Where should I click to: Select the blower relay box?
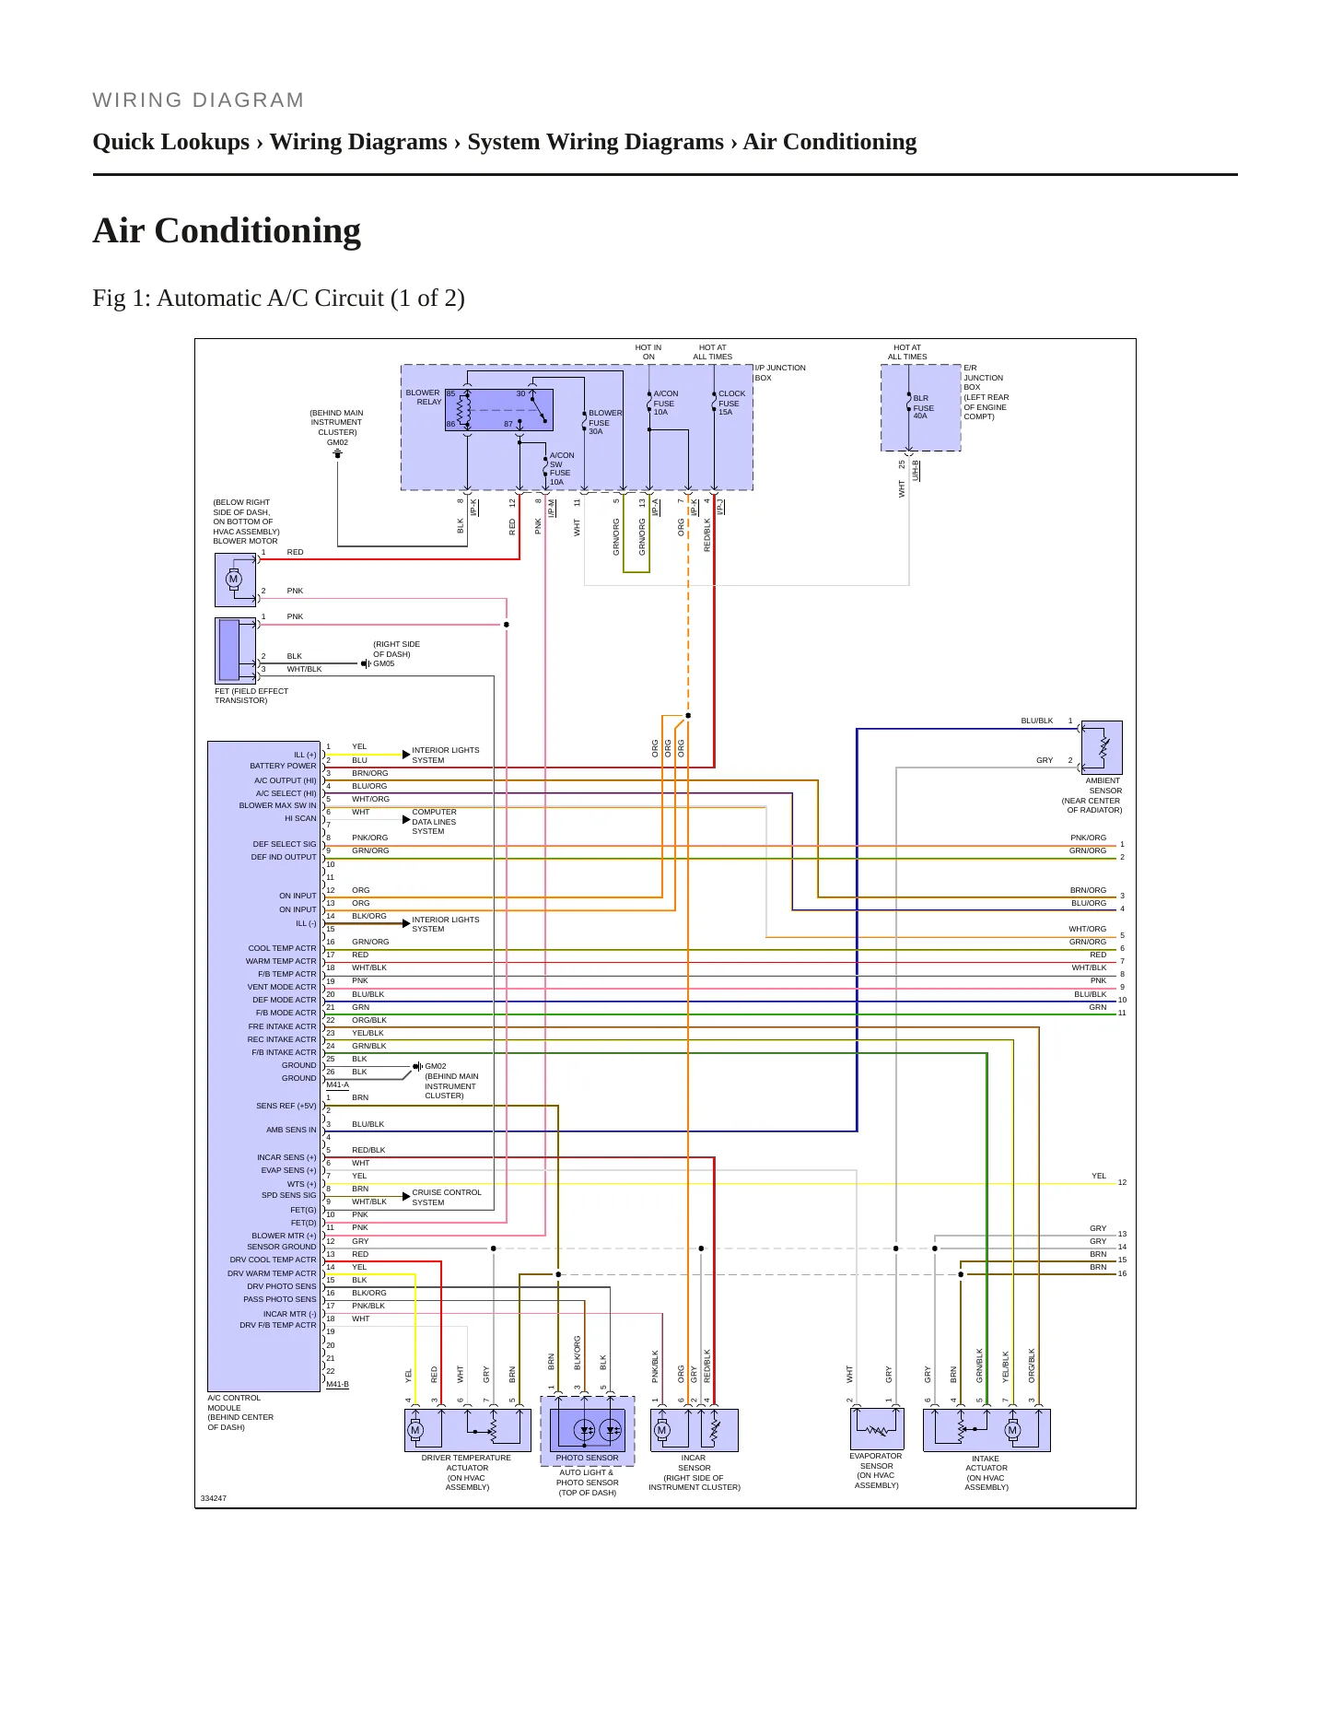point(498,410)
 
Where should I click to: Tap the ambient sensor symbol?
point(1102,747)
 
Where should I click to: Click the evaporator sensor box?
point(876,1429)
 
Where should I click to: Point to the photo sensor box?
point(588,1430)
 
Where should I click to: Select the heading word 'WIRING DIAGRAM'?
point(198,100)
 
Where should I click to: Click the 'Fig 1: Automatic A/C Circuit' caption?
point(278,299)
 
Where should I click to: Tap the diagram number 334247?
point(214,1498)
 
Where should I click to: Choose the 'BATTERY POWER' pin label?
point(283,766)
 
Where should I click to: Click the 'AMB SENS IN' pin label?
point(291,1130)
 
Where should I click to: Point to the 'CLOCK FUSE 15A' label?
point(731,403)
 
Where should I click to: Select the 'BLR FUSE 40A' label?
point(923,407)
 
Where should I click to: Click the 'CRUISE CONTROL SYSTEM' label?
point(447,1197)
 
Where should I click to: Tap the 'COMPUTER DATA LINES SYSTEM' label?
point(434,822)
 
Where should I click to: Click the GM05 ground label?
point(383,663)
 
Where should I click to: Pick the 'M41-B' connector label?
point(337,1384)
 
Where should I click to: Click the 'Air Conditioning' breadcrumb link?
point(830,142)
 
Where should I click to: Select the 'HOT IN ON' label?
point(648,352)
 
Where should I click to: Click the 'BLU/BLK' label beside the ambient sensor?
point(1036,721)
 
